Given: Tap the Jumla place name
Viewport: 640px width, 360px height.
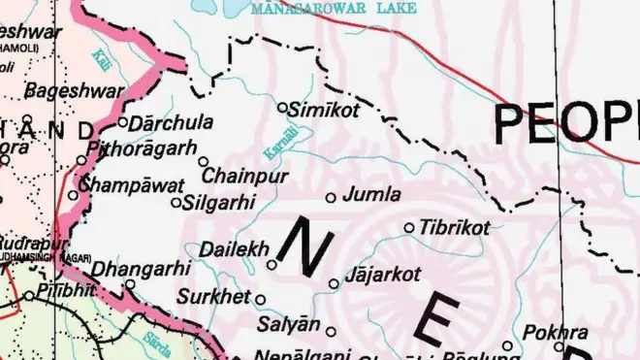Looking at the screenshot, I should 372,194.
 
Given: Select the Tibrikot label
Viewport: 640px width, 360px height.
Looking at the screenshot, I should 455,227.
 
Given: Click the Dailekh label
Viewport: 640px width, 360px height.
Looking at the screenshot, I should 234,249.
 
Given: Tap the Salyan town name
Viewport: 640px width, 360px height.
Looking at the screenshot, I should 288,324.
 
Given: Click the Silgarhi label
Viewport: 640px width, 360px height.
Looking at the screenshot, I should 219,203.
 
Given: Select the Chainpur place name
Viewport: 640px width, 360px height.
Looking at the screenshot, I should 245,177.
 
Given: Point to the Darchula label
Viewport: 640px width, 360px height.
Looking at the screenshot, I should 172,123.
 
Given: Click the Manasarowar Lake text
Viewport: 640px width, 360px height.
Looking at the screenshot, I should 333,9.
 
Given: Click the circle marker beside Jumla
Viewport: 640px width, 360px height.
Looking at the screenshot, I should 331,197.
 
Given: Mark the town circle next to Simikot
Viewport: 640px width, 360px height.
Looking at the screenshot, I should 283,108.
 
